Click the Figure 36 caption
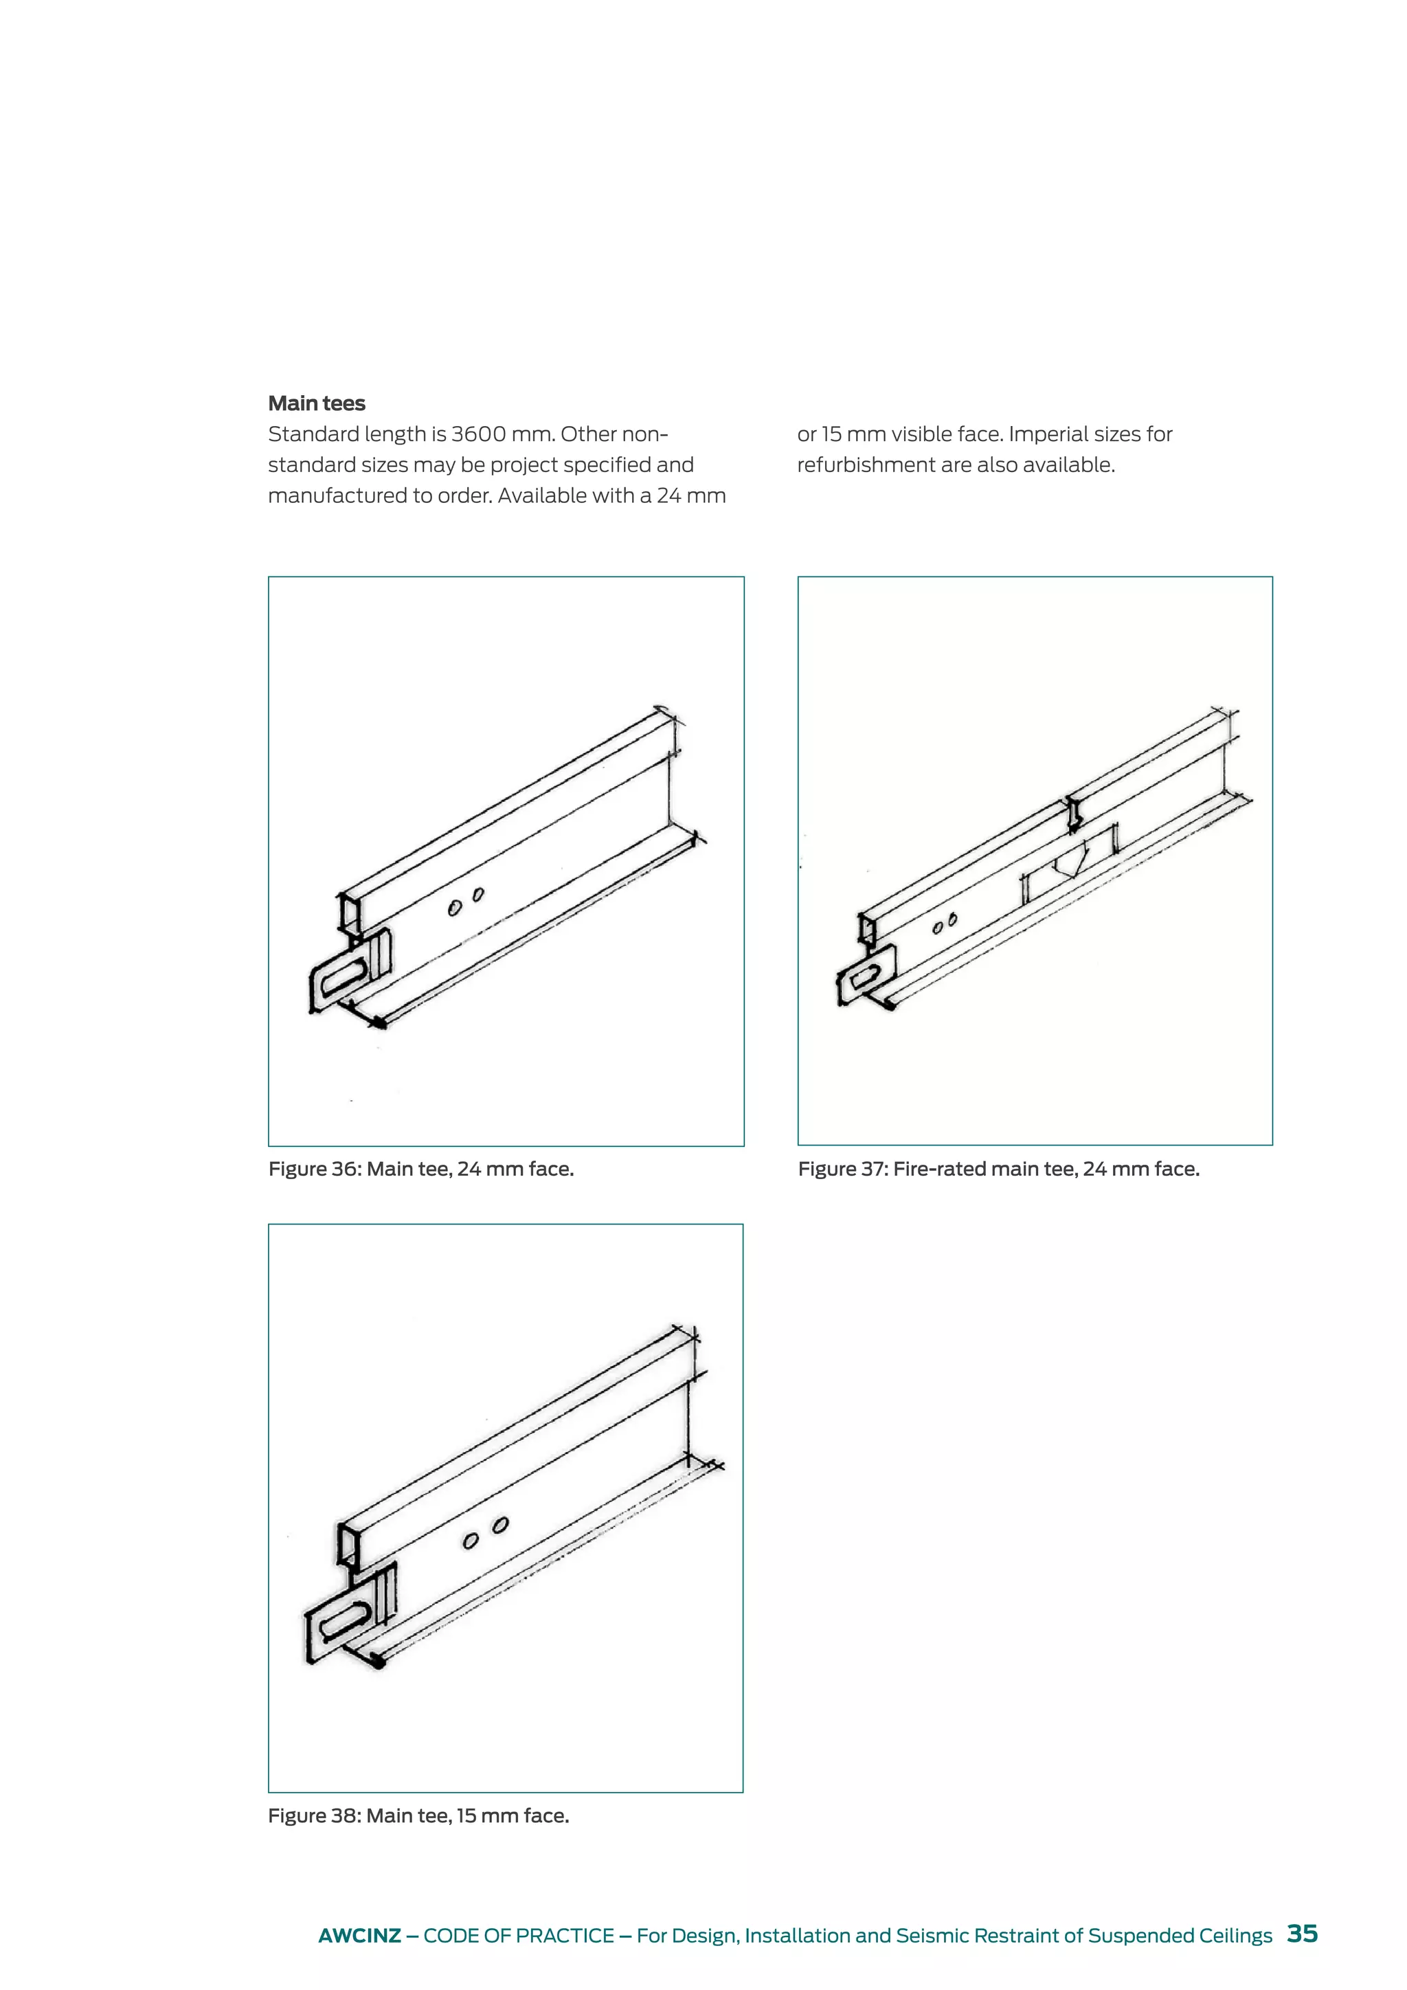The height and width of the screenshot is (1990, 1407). click(x=421, y=1170)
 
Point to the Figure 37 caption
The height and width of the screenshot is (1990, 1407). click(x=998, y=1170)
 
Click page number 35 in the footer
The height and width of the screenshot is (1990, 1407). click(x=1302, y=1934)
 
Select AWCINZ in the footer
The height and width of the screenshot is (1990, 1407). click(x=359, y=1936)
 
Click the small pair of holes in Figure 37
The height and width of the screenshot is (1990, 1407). click(x=945, y=924)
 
